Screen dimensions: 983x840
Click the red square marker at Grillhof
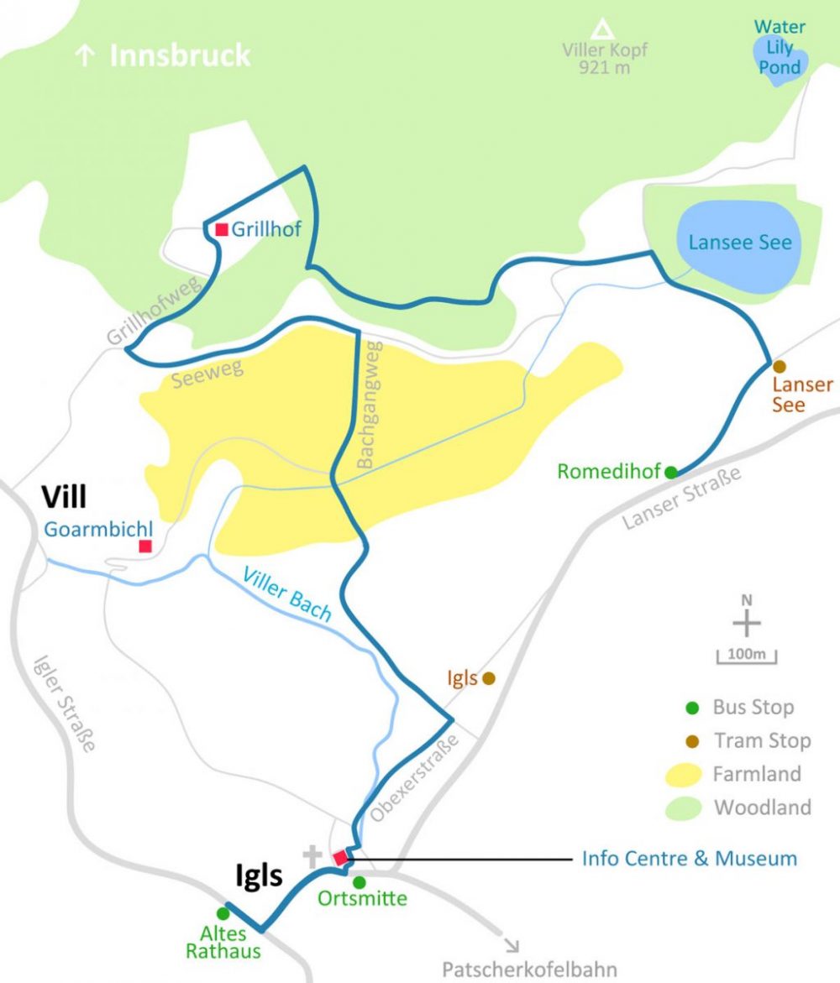tap(222, 229)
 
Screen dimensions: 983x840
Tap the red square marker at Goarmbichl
tap(144, 546)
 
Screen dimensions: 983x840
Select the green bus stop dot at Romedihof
tap(670, 472)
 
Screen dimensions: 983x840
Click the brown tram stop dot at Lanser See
tap(779, 367)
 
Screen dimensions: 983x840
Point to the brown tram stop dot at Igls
tap(488, 677)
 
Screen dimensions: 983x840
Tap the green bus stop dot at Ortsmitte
tap(360, 882)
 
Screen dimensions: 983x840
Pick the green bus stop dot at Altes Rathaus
tap(223, 912)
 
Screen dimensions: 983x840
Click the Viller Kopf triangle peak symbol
tap(601, 30)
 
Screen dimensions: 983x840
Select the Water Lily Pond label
tap(780, 46)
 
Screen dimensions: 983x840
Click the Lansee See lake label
tap(739, 243)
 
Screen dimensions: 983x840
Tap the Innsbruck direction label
tap(165, 55)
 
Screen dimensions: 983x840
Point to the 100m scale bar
tap(746, 656)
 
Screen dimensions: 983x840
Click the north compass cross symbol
tap(746, 624)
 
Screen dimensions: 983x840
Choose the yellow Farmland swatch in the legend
tap(690, 774)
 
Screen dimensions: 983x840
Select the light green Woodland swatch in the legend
tap(690, 808)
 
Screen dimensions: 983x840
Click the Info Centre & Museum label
tap(689, 858)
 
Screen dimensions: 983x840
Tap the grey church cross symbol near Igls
tap(312, 857)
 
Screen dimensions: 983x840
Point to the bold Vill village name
tap(64, 498)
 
